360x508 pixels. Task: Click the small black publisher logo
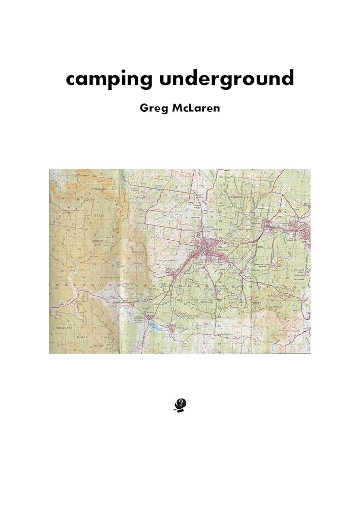pos(180,404)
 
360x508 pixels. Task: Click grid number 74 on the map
pos(221,177)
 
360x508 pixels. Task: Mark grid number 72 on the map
pos(221,193)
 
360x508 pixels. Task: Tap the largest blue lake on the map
pos(159,329)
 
